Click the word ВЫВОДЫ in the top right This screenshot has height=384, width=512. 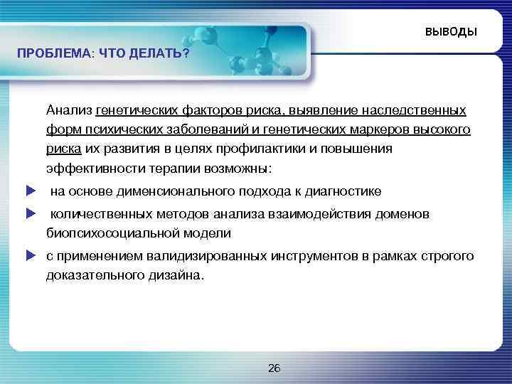click(x=452, y=33)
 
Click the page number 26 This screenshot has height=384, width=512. click(x=274, y=368)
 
